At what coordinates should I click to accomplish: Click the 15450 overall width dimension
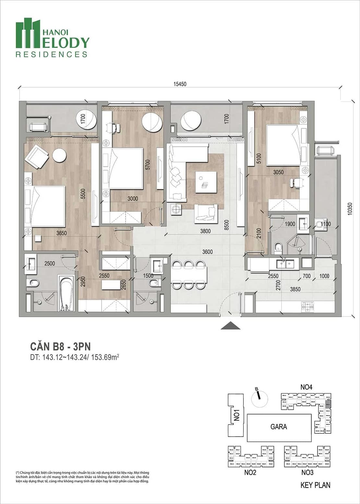180,84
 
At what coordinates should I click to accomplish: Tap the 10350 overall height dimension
349,209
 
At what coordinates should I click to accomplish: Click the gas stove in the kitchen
307,306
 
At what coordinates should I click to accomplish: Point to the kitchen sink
285,264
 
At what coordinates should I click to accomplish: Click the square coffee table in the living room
206,182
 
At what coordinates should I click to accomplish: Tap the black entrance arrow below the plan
230,326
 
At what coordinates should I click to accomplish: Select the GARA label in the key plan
279,427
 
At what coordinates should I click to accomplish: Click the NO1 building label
237,415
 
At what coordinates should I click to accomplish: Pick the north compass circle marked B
259,399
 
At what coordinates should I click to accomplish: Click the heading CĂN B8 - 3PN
60,346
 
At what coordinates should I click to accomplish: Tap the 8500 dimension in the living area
226,225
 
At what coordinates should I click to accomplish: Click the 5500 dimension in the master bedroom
83,194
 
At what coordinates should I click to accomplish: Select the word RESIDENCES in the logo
52,54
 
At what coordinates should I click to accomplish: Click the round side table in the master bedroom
59,155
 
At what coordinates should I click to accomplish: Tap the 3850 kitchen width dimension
295,289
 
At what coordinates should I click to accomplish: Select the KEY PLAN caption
315,485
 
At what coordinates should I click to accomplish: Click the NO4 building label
306,387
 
